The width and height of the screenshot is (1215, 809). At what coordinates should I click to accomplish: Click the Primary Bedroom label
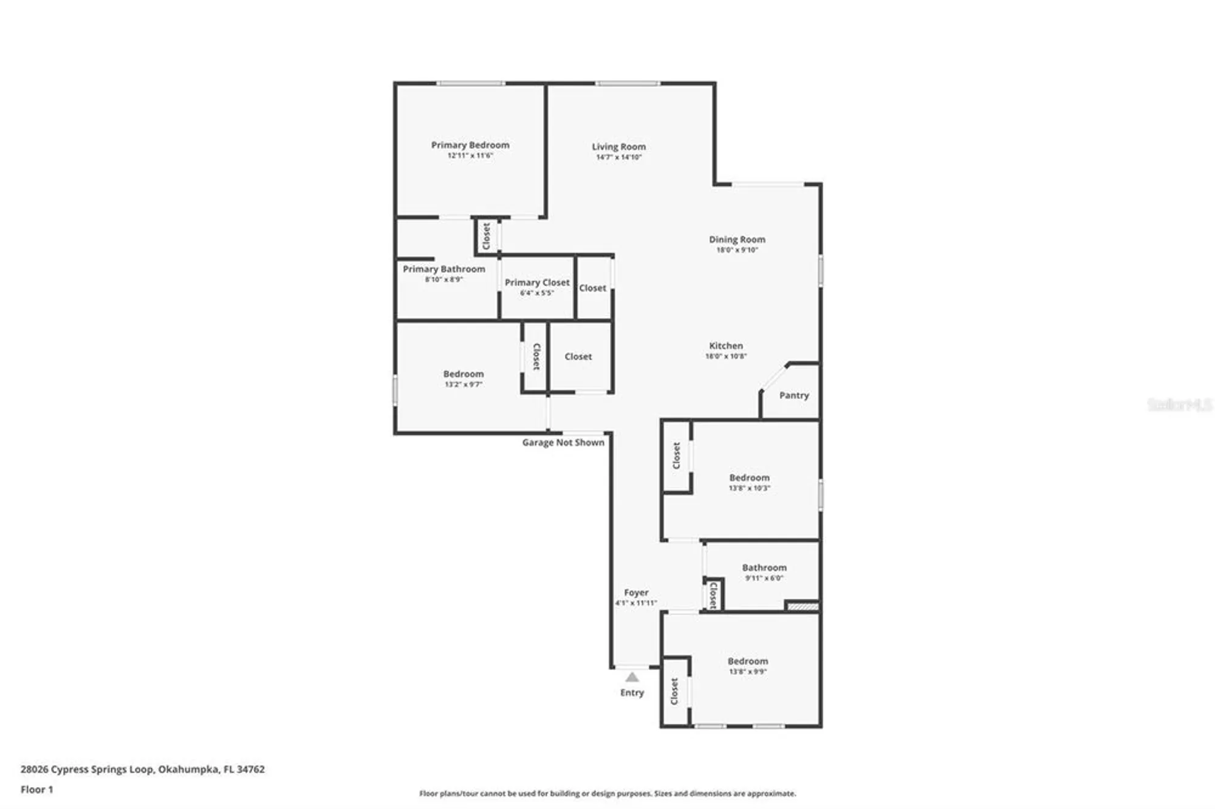pos(470,145)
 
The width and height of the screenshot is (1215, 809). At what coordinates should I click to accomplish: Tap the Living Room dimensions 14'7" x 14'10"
pos(618,157)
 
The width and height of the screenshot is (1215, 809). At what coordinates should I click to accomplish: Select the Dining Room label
pos(737,239)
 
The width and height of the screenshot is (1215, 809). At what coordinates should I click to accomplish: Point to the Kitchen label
pos(726,346)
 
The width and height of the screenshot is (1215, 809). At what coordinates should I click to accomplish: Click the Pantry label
pos(794,395)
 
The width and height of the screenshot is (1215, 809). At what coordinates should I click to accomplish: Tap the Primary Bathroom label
pos(443,269)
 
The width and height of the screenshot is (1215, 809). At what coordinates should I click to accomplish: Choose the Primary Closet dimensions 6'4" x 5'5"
pos(536,293)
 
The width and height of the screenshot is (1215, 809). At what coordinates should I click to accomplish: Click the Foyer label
pos(636,592)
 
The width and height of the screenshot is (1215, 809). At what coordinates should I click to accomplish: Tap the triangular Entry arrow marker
pos(632,677)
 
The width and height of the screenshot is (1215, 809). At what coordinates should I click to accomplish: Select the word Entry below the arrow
pos(632,692)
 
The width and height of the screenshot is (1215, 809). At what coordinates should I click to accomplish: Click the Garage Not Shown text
pos(563,443)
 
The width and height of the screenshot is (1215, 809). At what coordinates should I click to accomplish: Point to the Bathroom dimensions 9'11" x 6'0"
pos(764,578)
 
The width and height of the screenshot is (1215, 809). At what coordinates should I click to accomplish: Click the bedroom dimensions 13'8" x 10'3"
pos(749,488)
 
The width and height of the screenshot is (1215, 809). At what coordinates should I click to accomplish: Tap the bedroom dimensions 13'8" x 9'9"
pos(747,672)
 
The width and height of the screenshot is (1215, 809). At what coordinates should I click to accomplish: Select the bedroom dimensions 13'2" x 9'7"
pos(463,384)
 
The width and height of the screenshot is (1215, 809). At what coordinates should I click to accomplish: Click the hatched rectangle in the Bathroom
pos(802,606)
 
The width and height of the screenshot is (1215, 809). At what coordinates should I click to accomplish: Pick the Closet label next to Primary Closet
pos(592,288)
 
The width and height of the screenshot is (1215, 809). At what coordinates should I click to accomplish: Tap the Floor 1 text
pos(36,790)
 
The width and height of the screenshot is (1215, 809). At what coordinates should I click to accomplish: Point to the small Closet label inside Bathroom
pos(713,595)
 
